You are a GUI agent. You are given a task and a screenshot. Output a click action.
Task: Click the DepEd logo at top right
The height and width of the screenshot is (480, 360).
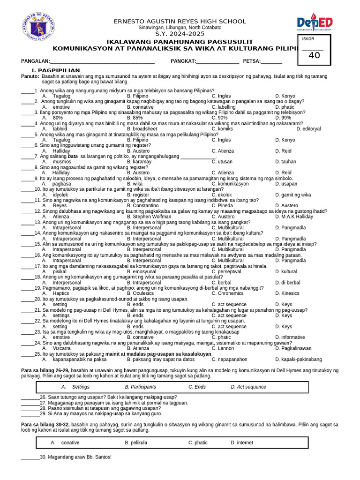pyautogui.click(x=315, y=23)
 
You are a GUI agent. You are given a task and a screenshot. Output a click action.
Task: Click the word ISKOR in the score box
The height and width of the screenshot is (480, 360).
pyautogui.click(x=308, y=39)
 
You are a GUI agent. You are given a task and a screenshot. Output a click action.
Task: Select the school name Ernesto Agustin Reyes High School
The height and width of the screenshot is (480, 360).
pyautogui.click(x=180, y=21)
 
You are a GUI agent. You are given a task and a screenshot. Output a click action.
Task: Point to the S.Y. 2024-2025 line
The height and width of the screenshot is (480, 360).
pyautogui.click(x=180, y=34)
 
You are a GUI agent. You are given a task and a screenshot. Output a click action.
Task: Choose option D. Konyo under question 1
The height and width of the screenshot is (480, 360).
pyautogui.click(x=285, y=96)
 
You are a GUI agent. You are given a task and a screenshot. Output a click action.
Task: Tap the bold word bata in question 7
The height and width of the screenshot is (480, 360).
pyautogui.click(x=73, y=156)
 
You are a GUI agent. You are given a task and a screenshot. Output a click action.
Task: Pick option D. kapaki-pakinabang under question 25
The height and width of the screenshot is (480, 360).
pyautogui.click(x=299, y=360)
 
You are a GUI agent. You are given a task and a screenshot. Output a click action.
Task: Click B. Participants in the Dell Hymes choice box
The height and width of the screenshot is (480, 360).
pyautogui.click(x=141, y=387)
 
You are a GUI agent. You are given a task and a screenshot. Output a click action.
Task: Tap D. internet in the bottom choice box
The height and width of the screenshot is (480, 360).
pyautogui.click(x=242, y=442)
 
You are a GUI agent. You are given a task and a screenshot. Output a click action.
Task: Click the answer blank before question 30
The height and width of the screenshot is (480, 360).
pyautogui.click(x=30, y=457)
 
